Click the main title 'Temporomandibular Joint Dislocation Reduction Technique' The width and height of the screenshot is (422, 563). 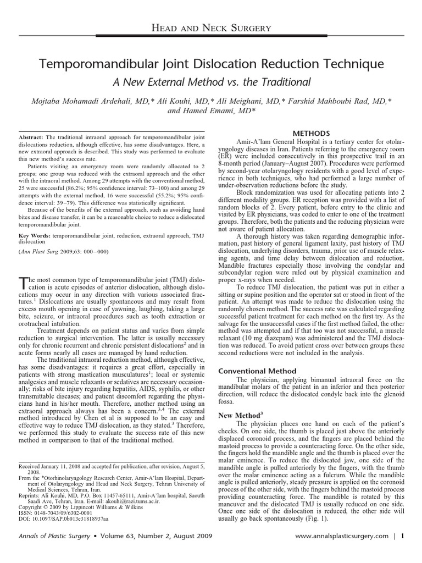[x=211, y=65]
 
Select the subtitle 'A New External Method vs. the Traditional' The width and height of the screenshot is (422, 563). [x=211, y=82]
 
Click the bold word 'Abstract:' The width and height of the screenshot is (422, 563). [x=31, y=136]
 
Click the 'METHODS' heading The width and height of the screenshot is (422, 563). [x=311, y=133]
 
